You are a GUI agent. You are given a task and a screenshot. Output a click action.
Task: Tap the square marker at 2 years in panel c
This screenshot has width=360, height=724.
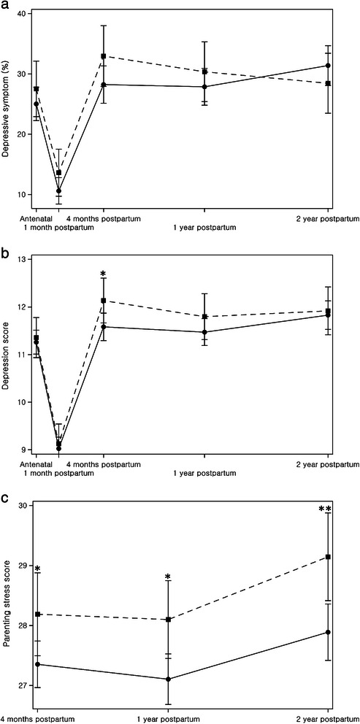(328, 557)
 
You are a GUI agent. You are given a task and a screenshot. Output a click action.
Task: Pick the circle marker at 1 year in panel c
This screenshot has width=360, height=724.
(169, 679)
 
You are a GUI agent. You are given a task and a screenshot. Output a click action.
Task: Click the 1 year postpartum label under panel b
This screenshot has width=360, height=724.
(204, 471)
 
